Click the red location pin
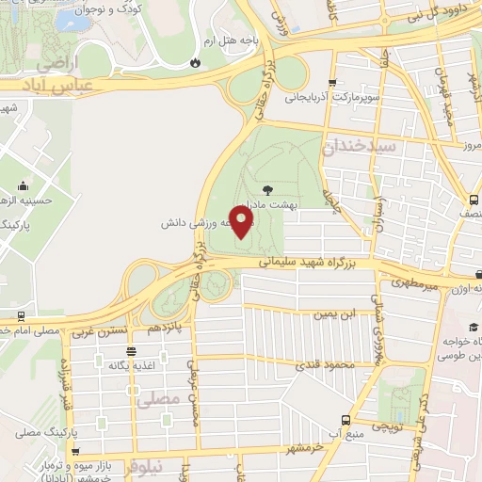[242, 222]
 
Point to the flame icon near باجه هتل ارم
[195, 62]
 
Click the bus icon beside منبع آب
[345, 419]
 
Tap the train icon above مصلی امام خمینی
[21, 316]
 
